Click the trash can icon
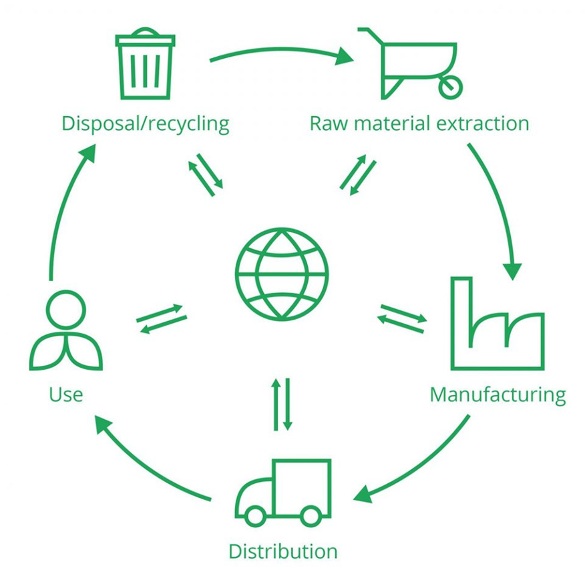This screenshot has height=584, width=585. click(145, 65)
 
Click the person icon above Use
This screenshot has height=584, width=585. click(66, 330)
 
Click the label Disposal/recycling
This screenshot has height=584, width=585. click(145, 123)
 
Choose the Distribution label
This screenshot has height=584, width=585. click(282, 551)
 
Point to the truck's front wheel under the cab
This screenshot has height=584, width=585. click(255, 515)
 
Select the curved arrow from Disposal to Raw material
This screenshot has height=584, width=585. click(280, 50)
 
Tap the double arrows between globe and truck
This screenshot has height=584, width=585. click(282, 404)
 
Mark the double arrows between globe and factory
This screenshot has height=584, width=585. click(402, 318)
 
